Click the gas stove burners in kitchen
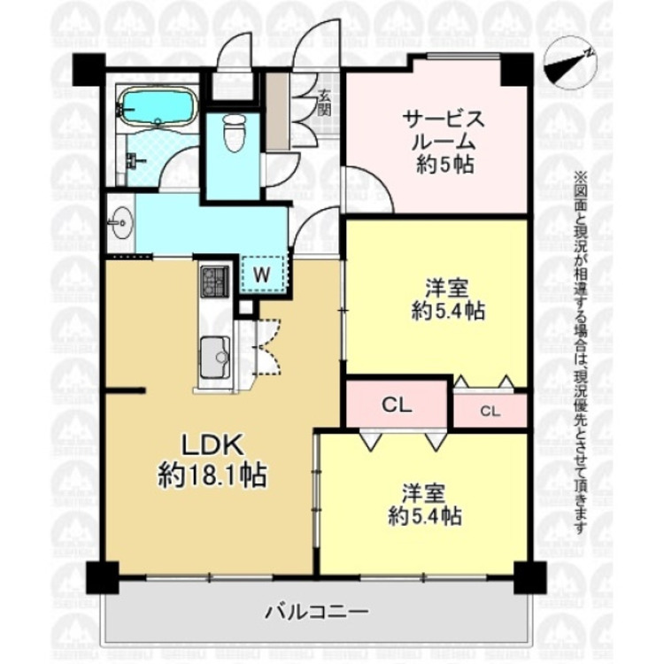214,282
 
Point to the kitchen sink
213,359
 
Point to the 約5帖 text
444,163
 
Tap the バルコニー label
317,611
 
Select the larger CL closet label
398,405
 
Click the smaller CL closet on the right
490,410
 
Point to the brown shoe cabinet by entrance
276,111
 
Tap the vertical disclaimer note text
581,354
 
